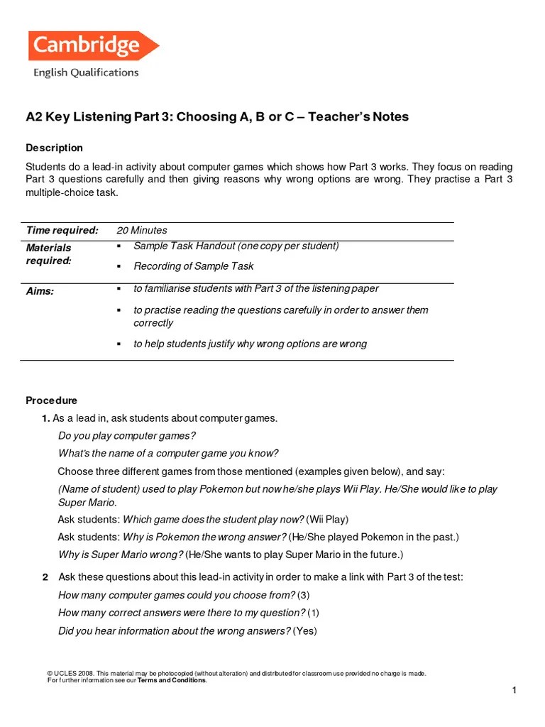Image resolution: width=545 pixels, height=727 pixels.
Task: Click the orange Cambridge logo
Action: tap(92, 46)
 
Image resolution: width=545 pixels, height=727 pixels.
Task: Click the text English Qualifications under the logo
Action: tap(86, 72)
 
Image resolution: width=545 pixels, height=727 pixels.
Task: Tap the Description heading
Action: tap(55, 148)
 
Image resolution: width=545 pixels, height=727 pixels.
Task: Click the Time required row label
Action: tap(62, 230)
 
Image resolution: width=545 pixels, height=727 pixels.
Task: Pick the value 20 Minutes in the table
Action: tap(142, 230)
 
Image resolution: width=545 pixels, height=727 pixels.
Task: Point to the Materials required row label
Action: tap(49, 254)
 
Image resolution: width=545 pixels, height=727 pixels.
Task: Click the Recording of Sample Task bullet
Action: tap(194, 266)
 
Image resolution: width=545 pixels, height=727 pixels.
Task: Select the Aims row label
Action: tap(40, 291)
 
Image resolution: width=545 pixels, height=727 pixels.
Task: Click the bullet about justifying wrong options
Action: tap(250, 344)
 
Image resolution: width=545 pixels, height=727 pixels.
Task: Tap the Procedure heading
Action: tap(52, 400)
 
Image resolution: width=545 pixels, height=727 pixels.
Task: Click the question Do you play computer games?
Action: tap(127, 435)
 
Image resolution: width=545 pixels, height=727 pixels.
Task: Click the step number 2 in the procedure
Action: tap(45, 577)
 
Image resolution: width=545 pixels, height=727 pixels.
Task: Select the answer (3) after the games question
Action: tap(304, 595)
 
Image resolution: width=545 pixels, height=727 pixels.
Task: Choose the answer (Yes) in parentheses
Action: tap(305, 630)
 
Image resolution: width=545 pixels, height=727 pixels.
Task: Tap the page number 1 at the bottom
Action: tap(514, 691)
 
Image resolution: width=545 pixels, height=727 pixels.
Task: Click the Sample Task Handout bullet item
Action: tap(236, 246)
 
